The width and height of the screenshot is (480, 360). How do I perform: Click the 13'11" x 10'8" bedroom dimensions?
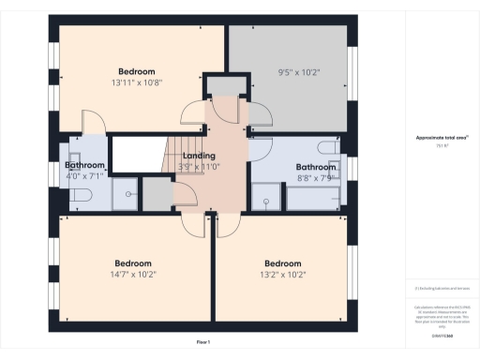(137, 82)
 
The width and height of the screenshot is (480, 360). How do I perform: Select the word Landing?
(200, 156)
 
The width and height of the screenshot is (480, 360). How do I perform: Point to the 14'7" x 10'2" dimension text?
(133, 275)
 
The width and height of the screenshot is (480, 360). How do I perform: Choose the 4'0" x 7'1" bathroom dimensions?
(84, 175)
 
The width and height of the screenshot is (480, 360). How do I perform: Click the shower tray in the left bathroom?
(125, 194)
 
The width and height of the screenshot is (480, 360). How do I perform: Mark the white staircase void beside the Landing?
(137, 153)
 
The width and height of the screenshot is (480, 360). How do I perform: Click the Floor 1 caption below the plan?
(203, 342)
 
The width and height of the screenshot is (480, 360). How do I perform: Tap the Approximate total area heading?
(442, 138)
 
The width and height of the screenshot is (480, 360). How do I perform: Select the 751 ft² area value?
(442, 145)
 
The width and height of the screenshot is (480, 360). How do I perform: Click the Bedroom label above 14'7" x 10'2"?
(133, 263)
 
